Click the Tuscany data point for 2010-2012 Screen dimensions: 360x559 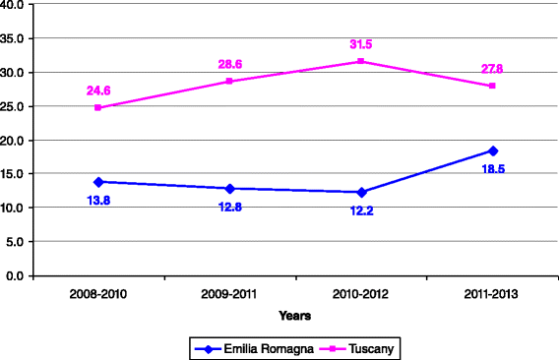[361, 61]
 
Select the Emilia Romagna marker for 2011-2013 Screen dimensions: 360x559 [493, 150]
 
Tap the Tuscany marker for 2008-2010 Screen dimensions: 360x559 [97, 107]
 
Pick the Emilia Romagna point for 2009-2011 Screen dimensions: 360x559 [229, 188]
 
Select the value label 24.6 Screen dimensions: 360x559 [98, 90]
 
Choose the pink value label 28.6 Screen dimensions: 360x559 [230, 64]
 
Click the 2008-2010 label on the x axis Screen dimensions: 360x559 [97, 292]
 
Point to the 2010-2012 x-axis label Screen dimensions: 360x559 [361, 292]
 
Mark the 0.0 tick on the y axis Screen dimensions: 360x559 [17, 275]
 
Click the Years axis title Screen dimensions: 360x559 [294, 316]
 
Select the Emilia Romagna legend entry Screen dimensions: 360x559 [247, 347]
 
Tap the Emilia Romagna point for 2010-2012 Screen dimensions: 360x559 [361, 192]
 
